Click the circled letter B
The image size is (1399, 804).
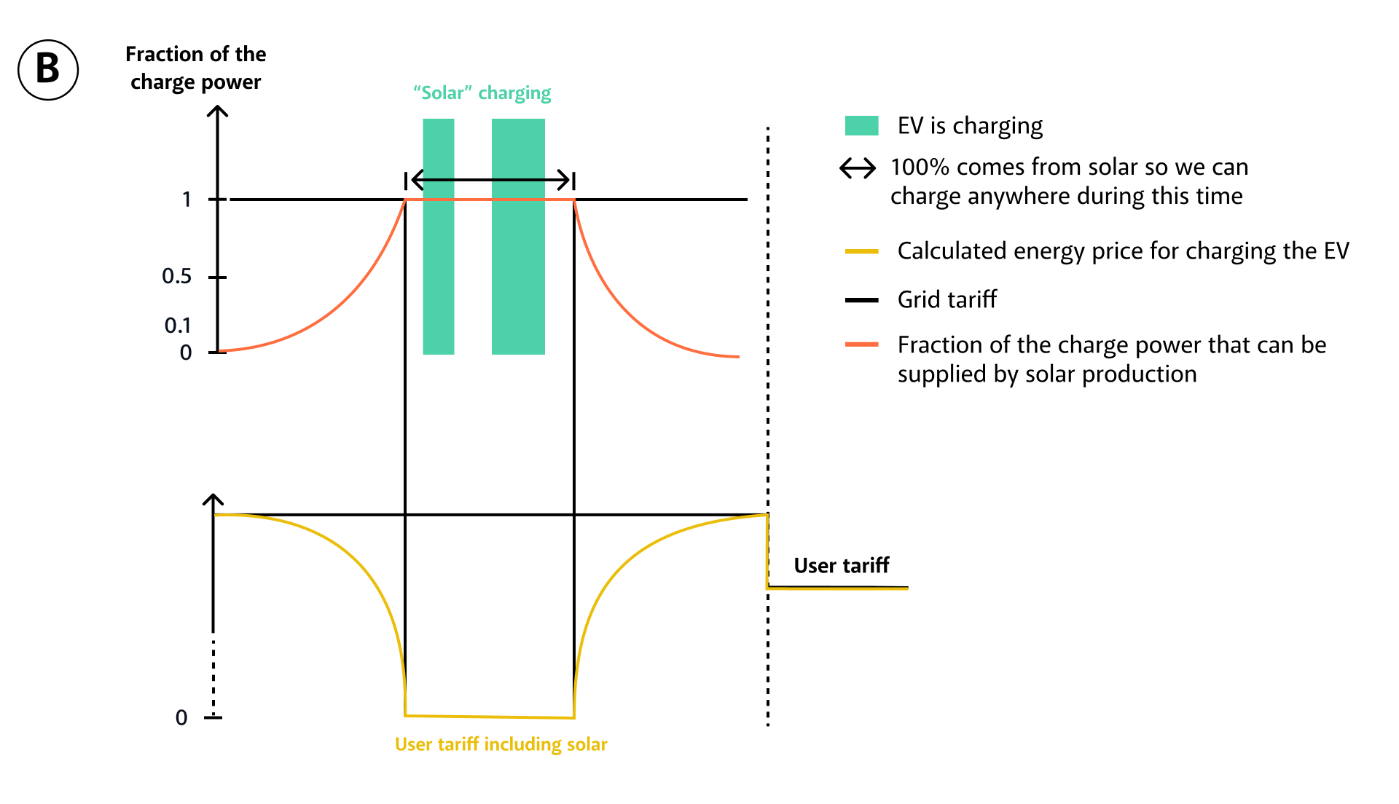coord(48,70)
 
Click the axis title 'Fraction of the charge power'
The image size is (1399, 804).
coord(195,68)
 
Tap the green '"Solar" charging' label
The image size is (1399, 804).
coord(482,93)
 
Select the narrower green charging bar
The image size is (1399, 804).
coord(439,237)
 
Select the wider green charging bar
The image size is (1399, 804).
coord(518,237)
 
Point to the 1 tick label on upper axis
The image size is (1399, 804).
coord(187,200)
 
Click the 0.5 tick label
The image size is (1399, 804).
coord(176,277)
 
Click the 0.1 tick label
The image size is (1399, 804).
coord(177,326)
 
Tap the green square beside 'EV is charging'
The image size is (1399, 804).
coord(861,126)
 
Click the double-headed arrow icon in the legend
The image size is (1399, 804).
coord(858,169)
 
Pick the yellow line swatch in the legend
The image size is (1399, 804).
coord(861,251)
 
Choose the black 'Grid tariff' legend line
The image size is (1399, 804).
coord(861,300)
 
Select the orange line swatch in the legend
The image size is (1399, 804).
coord(861,344)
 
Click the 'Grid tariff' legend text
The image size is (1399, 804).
coord(947,299)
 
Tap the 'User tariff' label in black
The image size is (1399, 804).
coord(842,566)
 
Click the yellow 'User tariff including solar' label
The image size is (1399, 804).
coord(501,744)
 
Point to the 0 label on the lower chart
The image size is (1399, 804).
coord(181,718)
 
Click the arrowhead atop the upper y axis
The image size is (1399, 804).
coord(217,111)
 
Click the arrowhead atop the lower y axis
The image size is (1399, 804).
coord(213,500)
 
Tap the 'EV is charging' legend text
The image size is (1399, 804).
coord(970,126)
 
